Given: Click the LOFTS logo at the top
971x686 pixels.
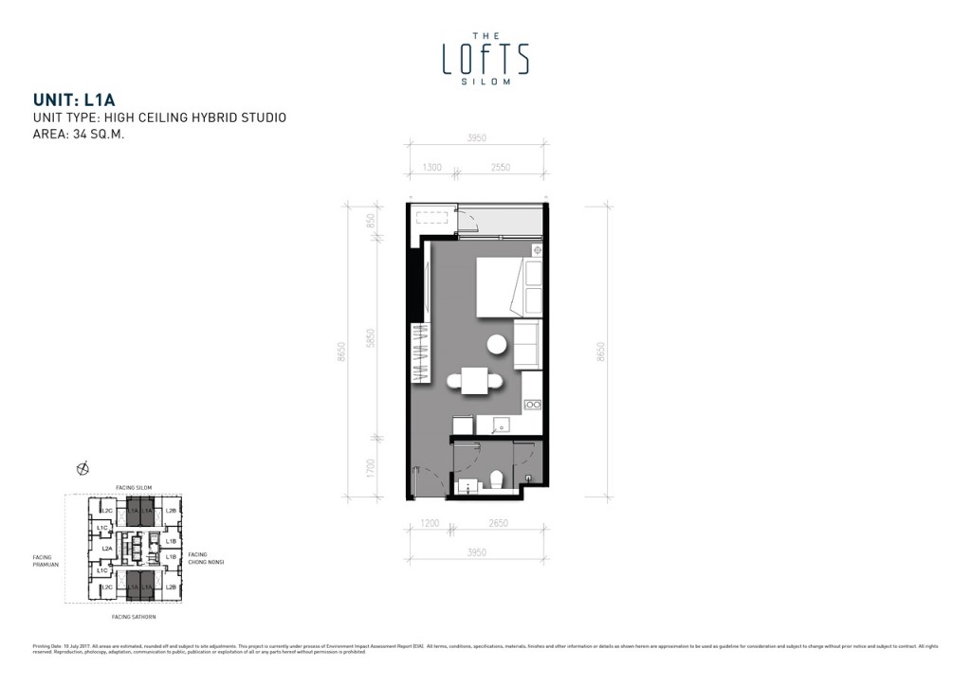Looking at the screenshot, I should pos(485,58).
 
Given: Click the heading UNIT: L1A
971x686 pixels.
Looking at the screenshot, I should pos(73,99).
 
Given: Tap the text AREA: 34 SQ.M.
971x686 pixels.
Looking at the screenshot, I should pos(79,134).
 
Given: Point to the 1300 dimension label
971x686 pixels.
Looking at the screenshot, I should pos(431,168).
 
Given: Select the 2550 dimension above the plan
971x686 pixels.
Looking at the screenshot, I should pos(501,168).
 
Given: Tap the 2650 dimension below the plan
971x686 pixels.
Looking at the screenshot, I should pos(494,523).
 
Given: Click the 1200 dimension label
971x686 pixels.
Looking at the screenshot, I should pos(431,523).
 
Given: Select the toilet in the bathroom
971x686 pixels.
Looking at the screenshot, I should pos(496,480).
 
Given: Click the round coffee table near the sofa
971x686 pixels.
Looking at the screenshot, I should pos(498,345).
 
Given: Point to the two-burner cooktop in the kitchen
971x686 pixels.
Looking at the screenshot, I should pos(533,406).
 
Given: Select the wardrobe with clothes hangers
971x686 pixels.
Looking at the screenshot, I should pos(418,352).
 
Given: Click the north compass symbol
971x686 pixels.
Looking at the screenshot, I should pos(82,468).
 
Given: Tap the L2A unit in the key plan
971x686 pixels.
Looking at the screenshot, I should pos(107,549).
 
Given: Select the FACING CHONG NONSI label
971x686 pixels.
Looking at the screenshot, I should pos(204,558).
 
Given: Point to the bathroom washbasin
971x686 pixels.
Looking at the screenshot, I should pos(467,487).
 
